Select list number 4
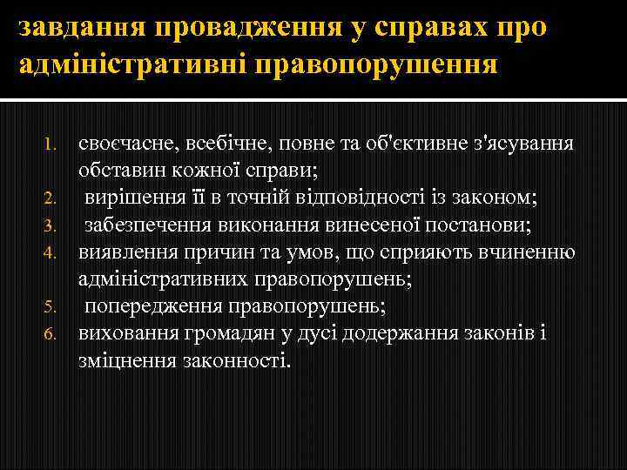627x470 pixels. coord(51,253)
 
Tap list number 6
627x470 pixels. coord(51,334)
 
